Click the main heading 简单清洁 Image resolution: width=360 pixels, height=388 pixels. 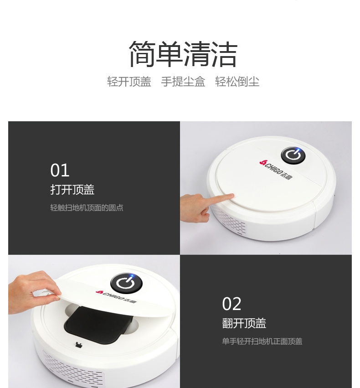tap(183, 54)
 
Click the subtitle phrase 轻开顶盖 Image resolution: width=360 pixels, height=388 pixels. tap(129, 82)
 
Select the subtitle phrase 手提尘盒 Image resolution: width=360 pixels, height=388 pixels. tap(183, 82)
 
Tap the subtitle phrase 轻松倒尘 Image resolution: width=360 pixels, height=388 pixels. tap(237, 82)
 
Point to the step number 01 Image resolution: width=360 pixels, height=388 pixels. tap(60, 170)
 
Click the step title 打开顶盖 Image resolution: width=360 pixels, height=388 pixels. tap(72, 190)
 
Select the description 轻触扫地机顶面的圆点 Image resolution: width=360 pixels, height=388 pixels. tap(87, 207)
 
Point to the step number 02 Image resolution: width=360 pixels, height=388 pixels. tap(231, 304)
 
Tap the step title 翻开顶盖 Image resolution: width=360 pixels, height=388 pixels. tap(244, 323)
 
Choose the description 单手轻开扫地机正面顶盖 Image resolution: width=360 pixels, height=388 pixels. tap(262, 341)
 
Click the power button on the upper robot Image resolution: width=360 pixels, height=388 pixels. tap(293, 155)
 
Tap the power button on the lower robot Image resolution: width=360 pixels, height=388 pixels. tap(126, 283)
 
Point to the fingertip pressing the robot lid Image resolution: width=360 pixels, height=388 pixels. tap(231, 197)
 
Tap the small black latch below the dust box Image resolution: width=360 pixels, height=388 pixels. tap(79, 344)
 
